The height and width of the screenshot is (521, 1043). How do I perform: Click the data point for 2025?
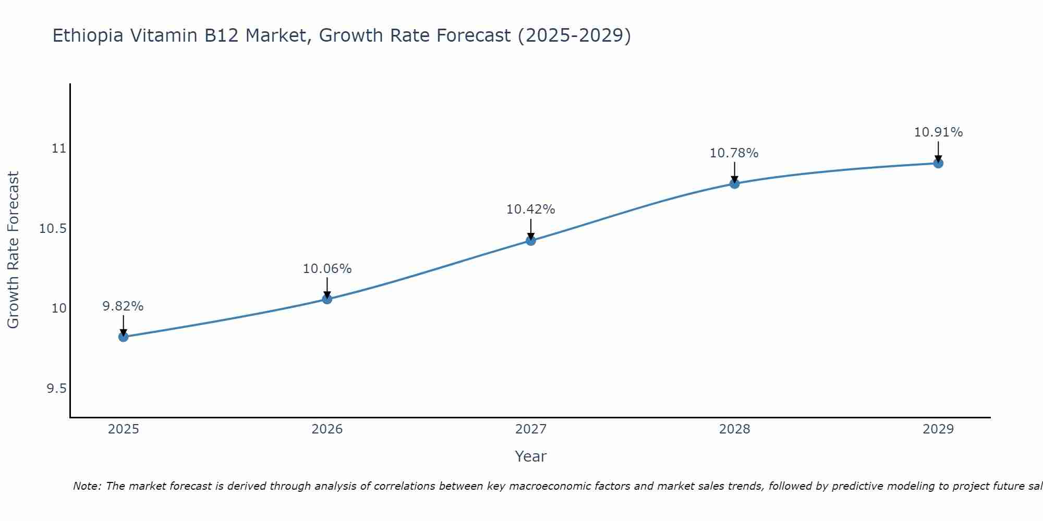123,337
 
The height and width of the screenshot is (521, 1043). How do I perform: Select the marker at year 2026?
327,299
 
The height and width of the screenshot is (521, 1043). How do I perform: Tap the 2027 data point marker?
531,241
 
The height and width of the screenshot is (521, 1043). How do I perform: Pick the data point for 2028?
734,183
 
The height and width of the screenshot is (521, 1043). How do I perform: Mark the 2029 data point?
938,163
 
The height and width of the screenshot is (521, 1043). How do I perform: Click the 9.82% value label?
123,306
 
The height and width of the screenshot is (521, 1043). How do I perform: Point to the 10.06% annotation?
327,269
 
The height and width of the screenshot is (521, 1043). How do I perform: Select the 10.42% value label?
531,209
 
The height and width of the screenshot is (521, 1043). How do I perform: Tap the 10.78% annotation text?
734,153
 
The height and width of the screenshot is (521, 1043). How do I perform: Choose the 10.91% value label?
938,132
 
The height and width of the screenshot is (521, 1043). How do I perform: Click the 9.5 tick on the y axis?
57,389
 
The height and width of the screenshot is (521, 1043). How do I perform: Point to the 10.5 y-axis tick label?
54,229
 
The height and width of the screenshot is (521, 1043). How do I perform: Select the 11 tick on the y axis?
59,148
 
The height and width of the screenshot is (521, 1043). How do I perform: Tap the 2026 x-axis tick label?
327,429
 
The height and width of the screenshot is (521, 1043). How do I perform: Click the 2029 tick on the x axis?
938,429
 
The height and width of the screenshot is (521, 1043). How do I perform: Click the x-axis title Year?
531,456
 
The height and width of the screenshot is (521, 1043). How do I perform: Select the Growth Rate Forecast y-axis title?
13,250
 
